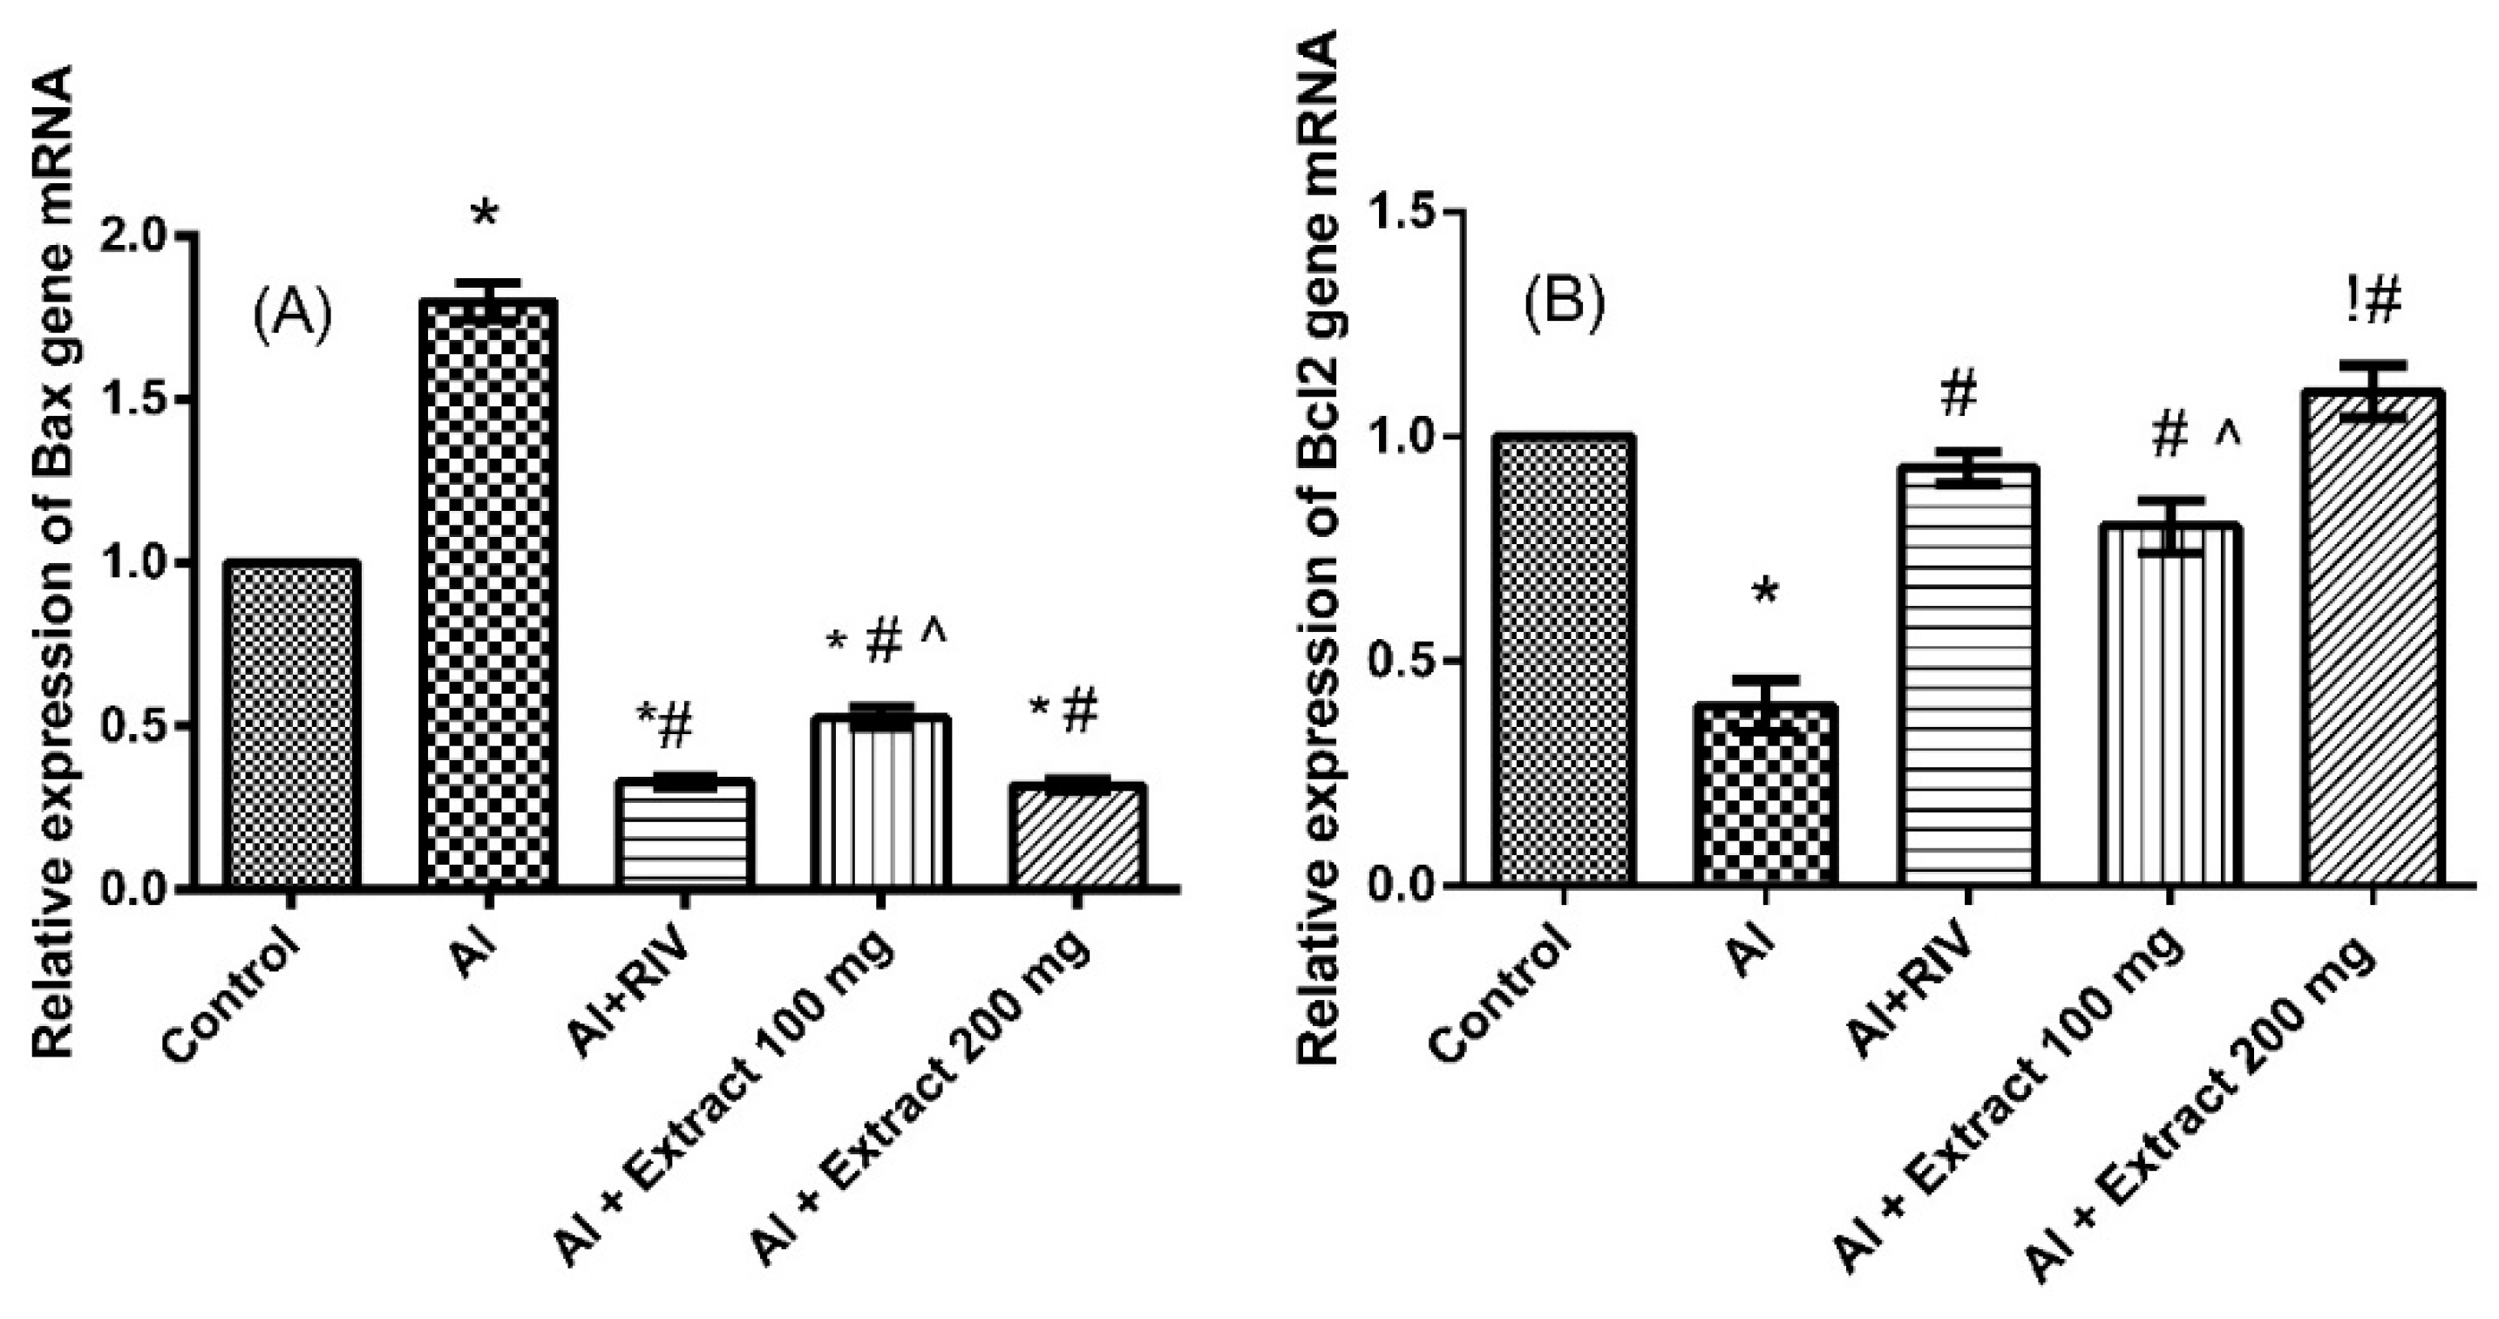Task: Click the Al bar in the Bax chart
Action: click(487, 594)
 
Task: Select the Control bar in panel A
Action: click(291, 724)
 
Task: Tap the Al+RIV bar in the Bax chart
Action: click(685, 833)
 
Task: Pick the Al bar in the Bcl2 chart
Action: click(1766, 794)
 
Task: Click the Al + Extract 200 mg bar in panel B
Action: click(2371, 639)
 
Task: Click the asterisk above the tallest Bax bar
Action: click(484, 214)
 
